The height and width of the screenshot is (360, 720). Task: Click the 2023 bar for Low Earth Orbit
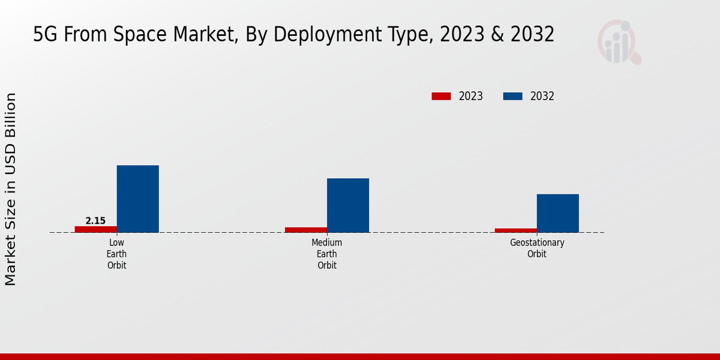coord(96,229)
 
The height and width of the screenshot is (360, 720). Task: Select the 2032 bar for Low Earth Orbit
coord(138,199)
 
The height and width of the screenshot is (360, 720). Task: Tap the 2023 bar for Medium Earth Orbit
coord(306,230)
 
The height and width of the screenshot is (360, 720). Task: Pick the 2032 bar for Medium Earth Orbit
coord(348,205)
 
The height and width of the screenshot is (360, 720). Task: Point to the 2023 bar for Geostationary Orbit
coord(516,230)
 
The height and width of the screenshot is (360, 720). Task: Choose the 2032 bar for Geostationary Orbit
coord(558,213)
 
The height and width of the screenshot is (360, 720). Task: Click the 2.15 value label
coord(95,221)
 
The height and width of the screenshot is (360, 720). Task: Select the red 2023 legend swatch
coord(441,96)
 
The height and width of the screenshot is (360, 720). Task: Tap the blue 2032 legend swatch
coord(512,96)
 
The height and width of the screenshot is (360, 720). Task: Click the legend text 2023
coord(471,96)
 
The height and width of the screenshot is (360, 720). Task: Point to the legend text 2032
coord(542,96)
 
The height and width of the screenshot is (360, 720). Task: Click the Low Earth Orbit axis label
coord(117,254)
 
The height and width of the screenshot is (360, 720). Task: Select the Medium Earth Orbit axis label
coord(327,254)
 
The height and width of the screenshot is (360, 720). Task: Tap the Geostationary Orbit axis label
coord(537,248)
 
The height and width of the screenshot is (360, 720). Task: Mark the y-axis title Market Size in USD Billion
coord(11,189)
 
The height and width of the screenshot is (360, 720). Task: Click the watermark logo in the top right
coord(619,42)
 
